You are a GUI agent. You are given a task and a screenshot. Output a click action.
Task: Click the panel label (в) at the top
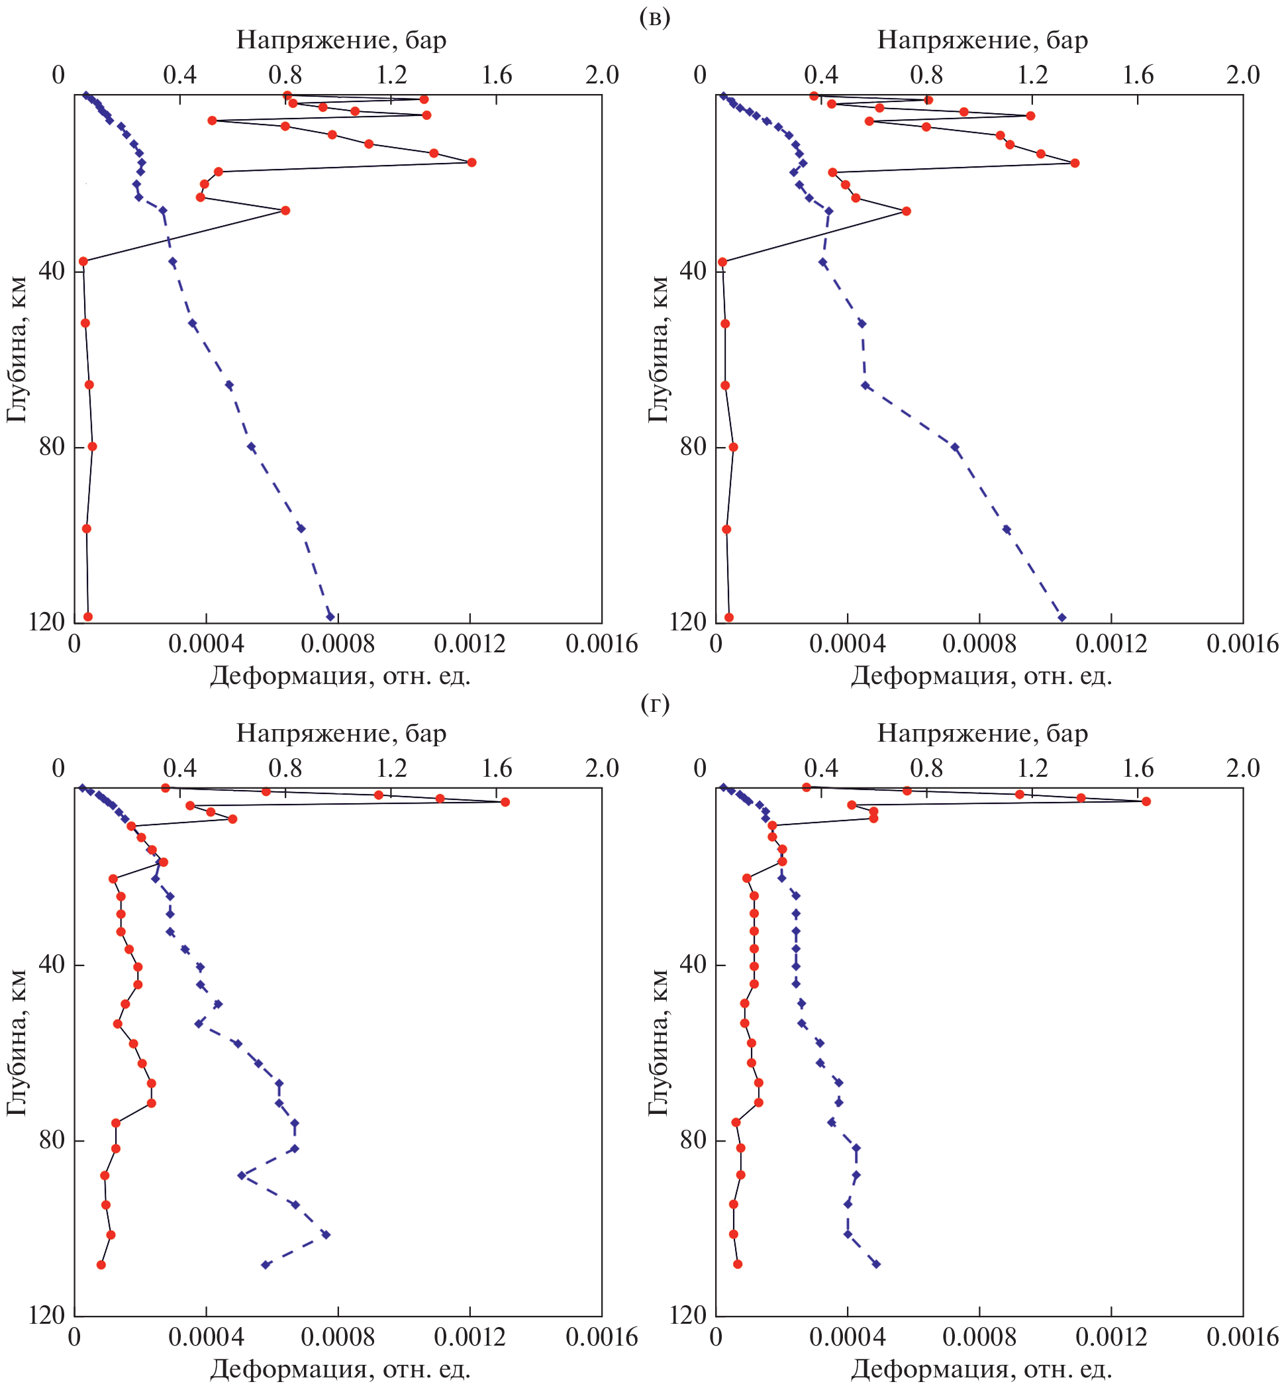[x=654, y=18]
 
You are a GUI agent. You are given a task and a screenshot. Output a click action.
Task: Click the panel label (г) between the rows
[x=654, y=704]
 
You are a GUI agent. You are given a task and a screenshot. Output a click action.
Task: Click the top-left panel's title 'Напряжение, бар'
[x=341, y=40]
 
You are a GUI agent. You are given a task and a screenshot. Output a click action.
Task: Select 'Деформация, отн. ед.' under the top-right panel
[x=981, y=675]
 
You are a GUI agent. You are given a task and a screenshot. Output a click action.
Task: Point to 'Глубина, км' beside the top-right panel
[x=658, y=350]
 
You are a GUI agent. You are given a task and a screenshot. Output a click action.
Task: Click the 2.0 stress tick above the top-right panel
[x=1242, y=75]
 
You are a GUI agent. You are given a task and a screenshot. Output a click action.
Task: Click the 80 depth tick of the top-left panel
[x=52, y=447]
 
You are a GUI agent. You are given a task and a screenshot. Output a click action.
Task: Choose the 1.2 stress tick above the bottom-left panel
[x=391, y=769]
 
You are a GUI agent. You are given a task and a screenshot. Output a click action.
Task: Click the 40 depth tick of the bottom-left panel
[x=52, y=965]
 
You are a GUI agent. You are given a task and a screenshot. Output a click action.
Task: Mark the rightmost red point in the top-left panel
[x=471, y=162]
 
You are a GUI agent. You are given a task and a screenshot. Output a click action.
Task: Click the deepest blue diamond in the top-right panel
[x=1061, y=617]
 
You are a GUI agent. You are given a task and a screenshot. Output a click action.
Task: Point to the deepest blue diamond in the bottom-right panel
[x=876, y=1264]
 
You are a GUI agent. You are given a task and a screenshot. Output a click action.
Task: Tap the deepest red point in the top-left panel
[x=88, y=617]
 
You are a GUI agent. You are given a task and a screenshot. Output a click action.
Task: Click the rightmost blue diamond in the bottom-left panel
[x=325, y=1234]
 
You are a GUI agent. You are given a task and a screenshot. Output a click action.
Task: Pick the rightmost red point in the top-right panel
[x=1075, y=163]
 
